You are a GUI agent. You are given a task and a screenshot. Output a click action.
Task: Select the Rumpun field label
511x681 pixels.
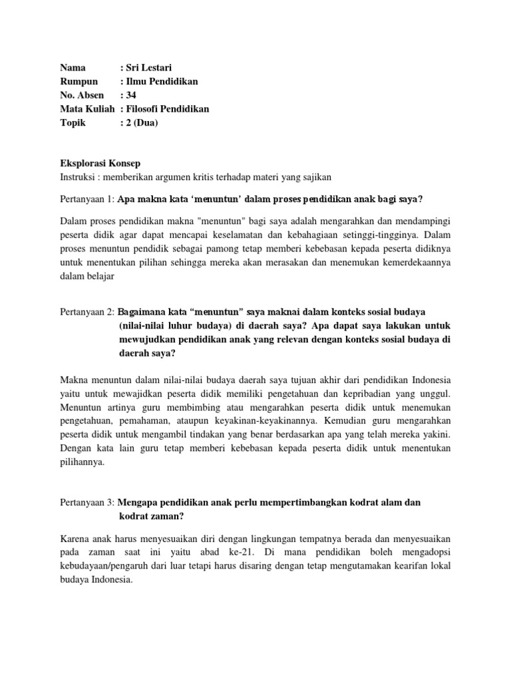click(x=79, y=81)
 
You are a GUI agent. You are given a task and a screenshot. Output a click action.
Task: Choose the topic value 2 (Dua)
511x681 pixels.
click(x=142, y=123)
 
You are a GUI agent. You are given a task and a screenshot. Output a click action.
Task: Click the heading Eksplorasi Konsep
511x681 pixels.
click(x=100, y=164)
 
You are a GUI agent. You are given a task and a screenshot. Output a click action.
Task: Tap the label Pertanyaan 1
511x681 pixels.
click(x=87, y=200)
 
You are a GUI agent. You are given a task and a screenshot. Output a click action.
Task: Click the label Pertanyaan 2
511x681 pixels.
click(x=87, y=312)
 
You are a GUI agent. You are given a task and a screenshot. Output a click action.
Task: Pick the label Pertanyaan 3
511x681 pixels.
click(x=87, y=503)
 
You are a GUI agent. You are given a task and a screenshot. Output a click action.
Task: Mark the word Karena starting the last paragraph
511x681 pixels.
click(x=75, y=537)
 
